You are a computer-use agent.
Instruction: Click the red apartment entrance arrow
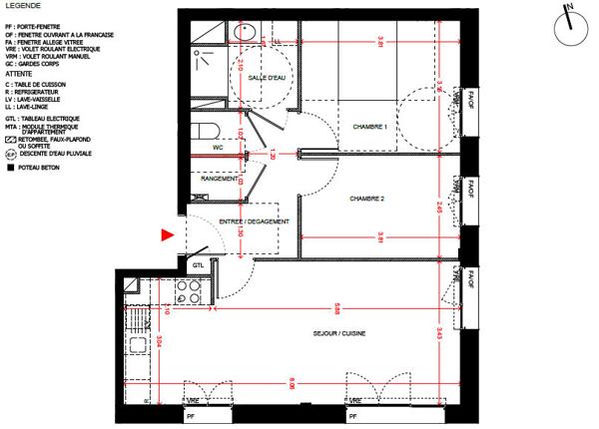point(168,235)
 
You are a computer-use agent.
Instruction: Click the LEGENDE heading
point(23,5)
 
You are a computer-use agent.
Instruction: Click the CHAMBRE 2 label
point(366,199)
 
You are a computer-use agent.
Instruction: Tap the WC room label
point(217,147)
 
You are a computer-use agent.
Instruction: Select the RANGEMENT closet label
point(219,179)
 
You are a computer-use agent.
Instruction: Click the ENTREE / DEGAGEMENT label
point(255,221)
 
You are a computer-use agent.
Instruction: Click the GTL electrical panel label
point(198,265)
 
